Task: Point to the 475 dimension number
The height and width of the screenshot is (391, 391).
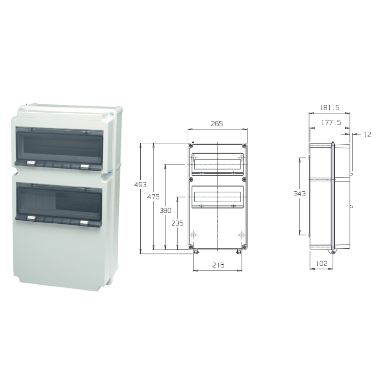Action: [x=154, y=197]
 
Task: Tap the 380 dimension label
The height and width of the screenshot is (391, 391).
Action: [x=166, y=210]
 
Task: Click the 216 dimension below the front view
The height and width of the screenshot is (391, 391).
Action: [x=218, y=265]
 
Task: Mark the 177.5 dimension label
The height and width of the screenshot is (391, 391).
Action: [x=331, y=122]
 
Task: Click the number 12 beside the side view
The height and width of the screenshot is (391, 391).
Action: [x=367, y=135]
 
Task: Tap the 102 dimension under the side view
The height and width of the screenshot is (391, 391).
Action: [x=321, y=264]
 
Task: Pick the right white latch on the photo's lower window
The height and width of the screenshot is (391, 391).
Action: [x=83, y=222]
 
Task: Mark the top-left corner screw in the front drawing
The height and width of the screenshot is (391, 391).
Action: [x=190, y=146]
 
